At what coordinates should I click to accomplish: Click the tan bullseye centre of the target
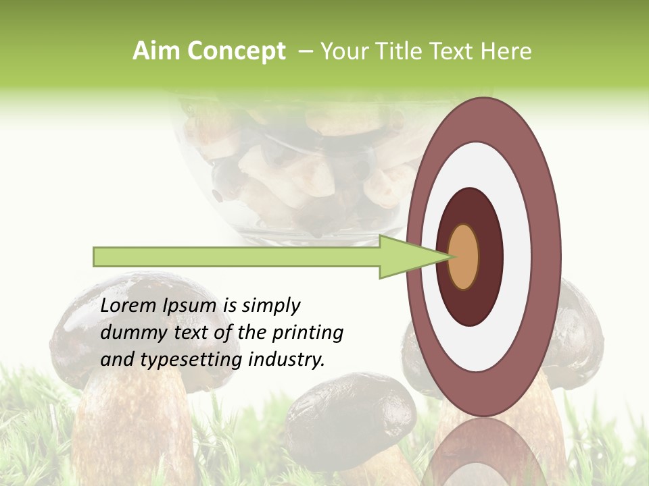point(464,256)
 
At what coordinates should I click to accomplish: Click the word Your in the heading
point(345,51)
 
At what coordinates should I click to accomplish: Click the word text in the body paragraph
point(191,333)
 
